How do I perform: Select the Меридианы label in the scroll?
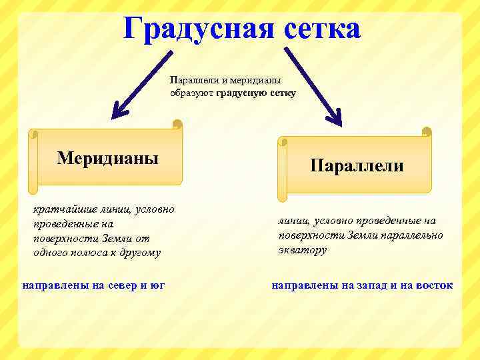(108, 158)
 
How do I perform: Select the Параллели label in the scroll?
(357, 165)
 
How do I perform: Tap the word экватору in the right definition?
(303, 250)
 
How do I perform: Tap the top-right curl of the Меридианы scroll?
(177, 125)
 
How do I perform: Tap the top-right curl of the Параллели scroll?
(426, 132)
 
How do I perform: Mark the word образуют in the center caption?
(192, 93)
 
